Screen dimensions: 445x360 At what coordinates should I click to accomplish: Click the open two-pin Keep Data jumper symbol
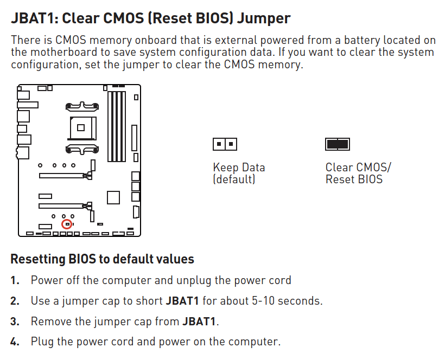(x=225, y=144)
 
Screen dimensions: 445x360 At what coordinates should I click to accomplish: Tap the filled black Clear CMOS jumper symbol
(x=338, y=144)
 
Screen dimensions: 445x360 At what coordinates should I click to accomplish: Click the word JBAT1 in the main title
(x=34, y=18)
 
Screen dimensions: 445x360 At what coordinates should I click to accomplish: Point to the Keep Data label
(x=239, y=167)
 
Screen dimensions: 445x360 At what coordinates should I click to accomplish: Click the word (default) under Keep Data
(x=234, y=179)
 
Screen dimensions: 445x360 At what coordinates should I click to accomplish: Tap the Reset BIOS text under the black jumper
(x=354, y=179)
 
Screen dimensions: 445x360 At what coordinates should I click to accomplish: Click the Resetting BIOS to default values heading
(x=102, y=259)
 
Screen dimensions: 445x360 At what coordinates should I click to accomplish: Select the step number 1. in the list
(x=15, y=280)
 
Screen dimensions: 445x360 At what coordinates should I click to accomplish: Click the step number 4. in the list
(x=15, y=342)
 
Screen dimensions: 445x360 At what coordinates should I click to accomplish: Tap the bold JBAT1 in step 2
(x=182, y=301)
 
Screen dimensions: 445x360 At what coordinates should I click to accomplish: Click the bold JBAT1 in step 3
(x=199, y=322)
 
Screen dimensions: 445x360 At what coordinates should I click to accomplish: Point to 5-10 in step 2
(x=263, y=301)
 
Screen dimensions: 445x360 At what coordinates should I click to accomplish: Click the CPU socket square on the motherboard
(x=81, y=127)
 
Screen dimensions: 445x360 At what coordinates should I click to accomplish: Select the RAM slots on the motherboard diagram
(x=117, y=126)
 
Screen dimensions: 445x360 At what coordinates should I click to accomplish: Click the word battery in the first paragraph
(x=362, y=41)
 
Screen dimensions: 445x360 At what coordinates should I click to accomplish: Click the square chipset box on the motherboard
(x=113, y=197)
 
